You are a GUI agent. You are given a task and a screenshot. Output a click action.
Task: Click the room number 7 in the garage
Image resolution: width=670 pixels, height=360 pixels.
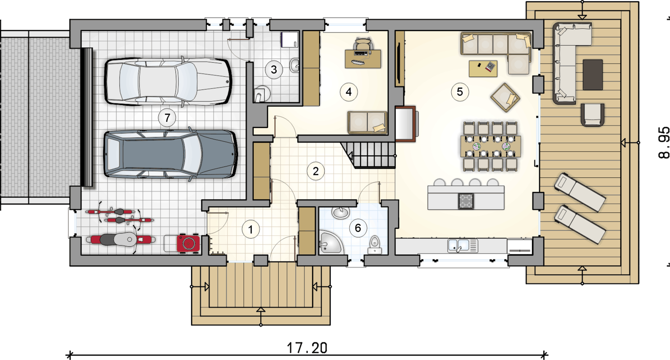167,118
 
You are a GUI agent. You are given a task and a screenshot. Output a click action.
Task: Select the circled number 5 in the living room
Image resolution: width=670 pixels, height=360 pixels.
460,92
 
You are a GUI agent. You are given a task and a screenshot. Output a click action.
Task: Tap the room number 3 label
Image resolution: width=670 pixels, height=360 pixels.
274,70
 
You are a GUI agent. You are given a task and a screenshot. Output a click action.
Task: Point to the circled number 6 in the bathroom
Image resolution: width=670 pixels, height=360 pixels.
358,228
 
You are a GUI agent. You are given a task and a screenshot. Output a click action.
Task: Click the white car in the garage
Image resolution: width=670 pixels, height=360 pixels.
168,81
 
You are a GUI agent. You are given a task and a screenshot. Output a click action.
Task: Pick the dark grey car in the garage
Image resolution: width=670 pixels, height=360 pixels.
170,154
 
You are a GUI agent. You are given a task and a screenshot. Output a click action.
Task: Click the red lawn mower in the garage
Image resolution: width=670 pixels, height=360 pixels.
188,243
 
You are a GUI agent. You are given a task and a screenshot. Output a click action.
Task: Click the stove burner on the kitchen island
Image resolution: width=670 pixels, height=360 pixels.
466,201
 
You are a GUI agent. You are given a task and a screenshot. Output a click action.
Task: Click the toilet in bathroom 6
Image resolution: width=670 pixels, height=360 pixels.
374,245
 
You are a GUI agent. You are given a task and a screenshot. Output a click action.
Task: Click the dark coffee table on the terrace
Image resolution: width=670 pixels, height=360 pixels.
592,74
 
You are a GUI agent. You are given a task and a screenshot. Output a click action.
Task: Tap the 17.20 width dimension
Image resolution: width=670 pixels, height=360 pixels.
307,348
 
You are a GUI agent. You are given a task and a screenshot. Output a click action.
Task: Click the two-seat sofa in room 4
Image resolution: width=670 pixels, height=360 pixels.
367,122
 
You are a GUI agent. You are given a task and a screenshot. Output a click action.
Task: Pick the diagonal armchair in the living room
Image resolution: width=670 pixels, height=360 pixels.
505,97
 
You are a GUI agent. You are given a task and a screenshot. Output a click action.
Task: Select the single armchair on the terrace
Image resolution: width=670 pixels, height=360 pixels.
592,115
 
